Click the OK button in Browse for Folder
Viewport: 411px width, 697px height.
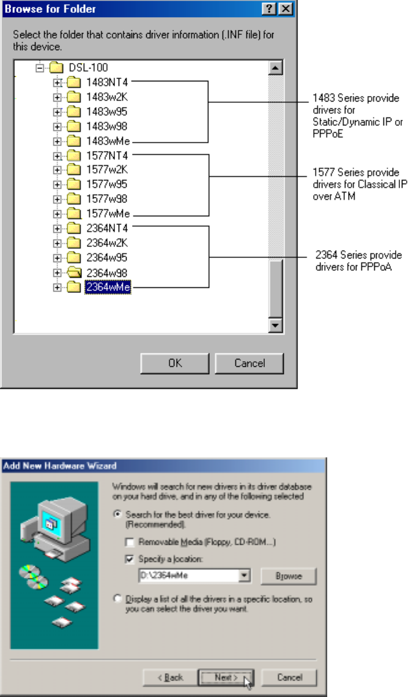[x=176, y=363]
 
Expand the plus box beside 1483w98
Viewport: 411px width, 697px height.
[x=57, y=126]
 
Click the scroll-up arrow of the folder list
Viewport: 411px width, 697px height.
[x=275, y=67]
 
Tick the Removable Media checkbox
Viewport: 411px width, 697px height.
[x=128, y=542]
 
